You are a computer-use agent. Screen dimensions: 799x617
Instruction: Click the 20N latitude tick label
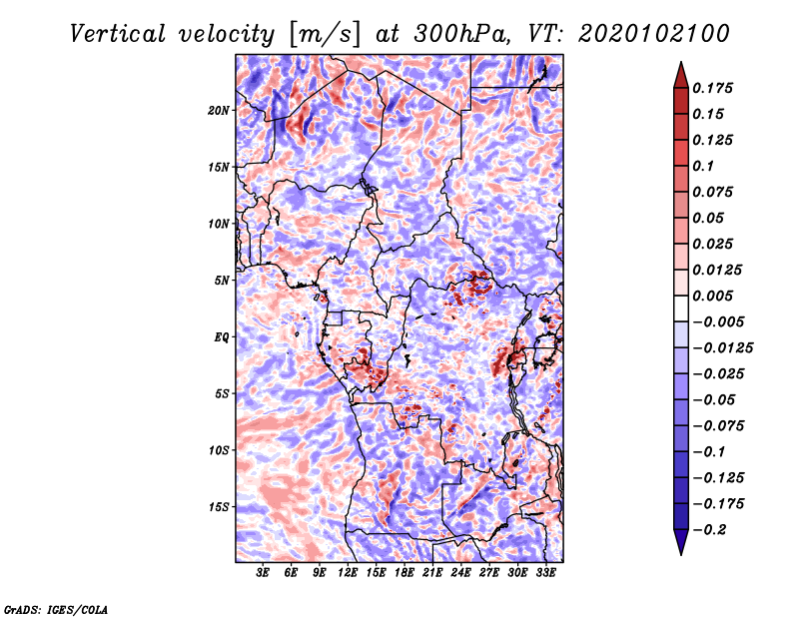tap(219, 111)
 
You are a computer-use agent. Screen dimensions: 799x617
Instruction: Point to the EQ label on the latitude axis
tap(222, 337)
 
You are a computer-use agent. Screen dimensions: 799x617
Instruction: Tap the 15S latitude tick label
tap(219, 507)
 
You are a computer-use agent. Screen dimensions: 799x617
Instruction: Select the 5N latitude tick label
tap(222, 281)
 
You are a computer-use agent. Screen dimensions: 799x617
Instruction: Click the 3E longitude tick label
tap(263, 572)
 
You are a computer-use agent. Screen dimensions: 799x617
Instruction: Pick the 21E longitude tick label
tap(432, 572)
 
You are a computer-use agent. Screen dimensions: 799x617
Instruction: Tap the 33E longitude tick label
tap(545, 572)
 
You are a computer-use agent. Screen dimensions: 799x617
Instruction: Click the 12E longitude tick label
tap(347, 572)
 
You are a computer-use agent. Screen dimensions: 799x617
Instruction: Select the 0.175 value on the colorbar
tap(712, 88)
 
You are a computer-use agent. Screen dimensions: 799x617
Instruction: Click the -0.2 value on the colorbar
tap(709, 530)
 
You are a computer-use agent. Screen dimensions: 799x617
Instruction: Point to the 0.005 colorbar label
tap(712, 296)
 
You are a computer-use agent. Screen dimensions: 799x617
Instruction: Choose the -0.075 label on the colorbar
tap(718, 426)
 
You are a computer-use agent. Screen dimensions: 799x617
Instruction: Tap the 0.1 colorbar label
tap(703, 166)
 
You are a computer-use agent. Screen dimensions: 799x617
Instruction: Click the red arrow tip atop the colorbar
tap(681, 62)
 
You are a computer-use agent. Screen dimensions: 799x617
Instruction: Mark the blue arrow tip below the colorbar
tap(681, 554)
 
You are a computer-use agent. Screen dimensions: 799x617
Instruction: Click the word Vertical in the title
tap(118, 34)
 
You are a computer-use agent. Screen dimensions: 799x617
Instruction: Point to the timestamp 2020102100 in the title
tap(653, 34)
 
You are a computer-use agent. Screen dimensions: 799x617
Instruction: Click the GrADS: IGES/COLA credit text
tap(56, 610)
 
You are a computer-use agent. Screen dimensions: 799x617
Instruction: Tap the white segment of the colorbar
tap(681, 308)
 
